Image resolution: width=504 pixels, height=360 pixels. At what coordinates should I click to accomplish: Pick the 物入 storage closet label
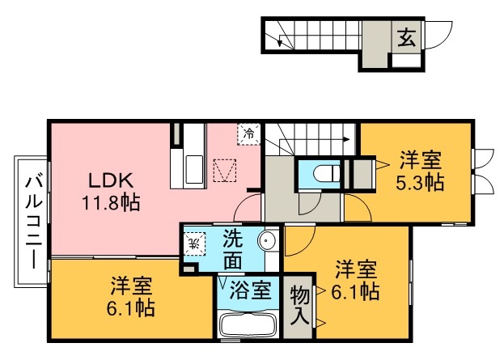click(299, 305)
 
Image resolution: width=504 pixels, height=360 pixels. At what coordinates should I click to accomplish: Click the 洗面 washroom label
click(233, 249)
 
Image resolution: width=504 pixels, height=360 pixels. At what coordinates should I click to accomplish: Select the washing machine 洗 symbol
click(193, 240)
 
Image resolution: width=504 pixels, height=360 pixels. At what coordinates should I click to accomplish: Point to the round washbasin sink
click(269, 241)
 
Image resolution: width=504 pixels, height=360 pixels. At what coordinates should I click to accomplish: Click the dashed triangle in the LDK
click(224, 171)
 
